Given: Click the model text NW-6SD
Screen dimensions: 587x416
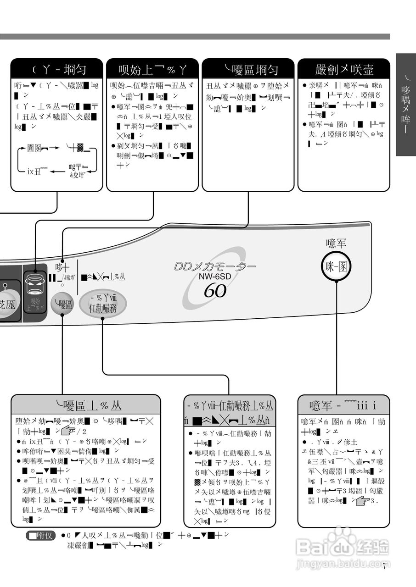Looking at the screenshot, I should pyautogui.click(x=215, y=277).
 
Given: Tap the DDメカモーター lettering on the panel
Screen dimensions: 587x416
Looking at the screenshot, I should pyautogui.click(x=215, y=266).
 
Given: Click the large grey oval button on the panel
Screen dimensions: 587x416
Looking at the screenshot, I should pyautogui.click(x=103, y=305).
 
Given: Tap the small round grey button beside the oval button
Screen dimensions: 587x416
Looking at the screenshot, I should pyautogui.click(x=62, y=304).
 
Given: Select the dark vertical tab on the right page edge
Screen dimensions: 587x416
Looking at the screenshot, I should pyautogui.click(x=405, y=105).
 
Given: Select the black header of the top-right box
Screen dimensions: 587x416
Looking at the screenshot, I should pyautogui.click(x=344, y=70).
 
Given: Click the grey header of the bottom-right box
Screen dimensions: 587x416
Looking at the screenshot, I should pyautogui.click(x=343, y=405).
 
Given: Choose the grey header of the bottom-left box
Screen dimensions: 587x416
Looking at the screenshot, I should pyautogui.click(x=86, y=405).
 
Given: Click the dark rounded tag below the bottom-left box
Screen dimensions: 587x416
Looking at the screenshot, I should pyautogui.click(x=41, y=536).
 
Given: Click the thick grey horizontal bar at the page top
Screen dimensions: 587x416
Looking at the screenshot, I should pyautogui.click(x=195, y=36).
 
